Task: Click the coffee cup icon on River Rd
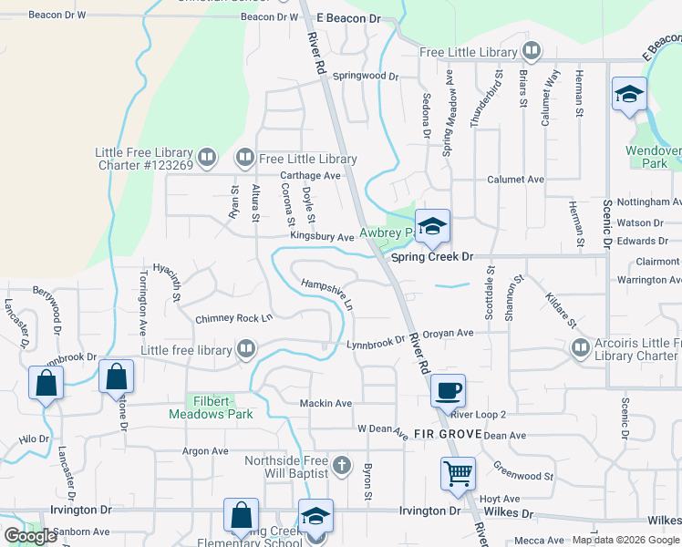click(448, 391)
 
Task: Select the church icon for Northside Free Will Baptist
click(341, 467)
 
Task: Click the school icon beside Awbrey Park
click(432, 225)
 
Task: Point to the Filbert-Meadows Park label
click(211, 407)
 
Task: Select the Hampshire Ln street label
click(327, 293)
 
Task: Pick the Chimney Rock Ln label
click(234, 319)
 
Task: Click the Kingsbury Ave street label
click(322, 236)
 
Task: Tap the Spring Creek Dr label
click(432, 257)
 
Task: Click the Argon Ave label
click(205, 450)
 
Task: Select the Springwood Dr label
click(366, 77)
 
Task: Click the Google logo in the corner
click(31, 536)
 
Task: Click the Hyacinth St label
click(169, 281)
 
